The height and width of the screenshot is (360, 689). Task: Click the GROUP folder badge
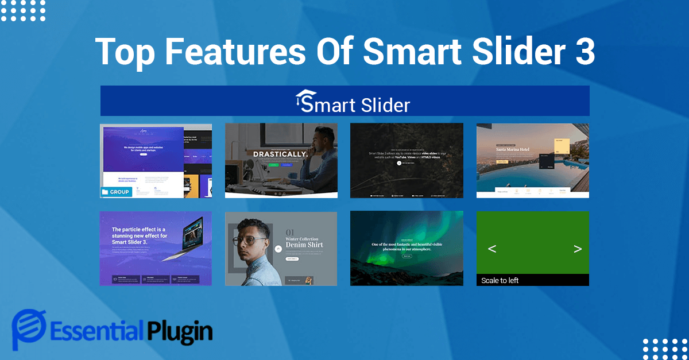coord(116,192)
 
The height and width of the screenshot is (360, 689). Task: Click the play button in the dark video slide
coord(399,163)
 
